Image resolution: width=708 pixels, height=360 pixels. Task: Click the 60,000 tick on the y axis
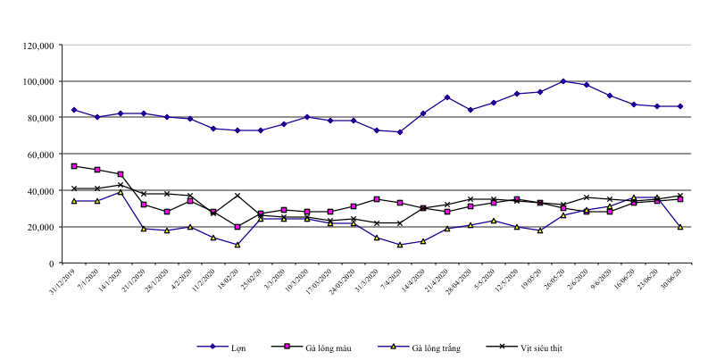tap(39, 155)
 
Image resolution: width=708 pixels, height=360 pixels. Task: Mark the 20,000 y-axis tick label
tap(39, 227)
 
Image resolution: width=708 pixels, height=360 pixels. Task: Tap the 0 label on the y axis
tap(53, 264)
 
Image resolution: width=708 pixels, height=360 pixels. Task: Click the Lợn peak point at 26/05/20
tap(563, 81)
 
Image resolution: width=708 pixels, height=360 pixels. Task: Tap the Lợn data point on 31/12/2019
tap(74, 110)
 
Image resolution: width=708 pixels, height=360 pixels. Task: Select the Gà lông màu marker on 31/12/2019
tap(74, 166)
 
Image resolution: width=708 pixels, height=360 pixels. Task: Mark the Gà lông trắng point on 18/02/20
tap(237, 245)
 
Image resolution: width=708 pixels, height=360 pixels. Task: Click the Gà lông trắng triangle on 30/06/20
tap(680, 227)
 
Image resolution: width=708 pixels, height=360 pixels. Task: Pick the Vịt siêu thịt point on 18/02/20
tap(237, 196)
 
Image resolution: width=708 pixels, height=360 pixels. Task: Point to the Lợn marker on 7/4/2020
tap(400, 132)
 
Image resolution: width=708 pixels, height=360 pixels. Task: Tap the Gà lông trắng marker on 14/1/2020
tap(121, 192)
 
